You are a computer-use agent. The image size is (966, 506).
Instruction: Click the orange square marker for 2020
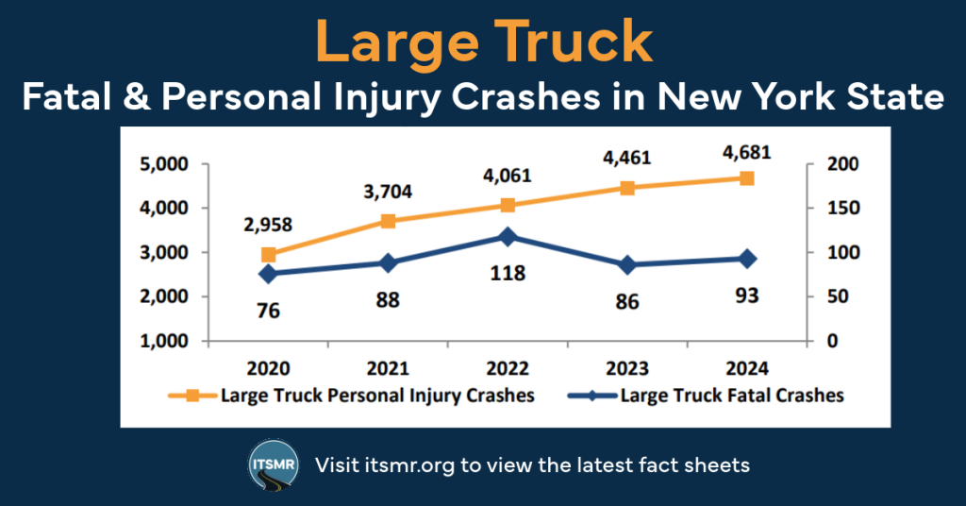point(269,254)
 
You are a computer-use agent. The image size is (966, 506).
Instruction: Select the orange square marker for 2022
point(508,205)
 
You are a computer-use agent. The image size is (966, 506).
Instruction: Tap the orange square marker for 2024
point(746,177)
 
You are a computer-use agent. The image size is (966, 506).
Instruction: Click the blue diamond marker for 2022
point(508,237)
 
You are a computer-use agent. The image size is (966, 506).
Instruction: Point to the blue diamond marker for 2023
point(627,265)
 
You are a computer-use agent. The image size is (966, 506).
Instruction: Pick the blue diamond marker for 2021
point(388,263)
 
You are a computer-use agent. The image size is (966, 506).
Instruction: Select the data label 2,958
point(268,225)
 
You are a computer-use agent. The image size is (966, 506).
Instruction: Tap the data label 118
point(508,274)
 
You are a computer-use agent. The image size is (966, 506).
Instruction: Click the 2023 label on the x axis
point(627,368)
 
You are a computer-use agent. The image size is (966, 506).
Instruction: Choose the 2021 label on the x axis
point(388,368)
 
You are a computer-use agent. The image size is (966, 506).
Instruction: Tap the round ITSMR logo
point(275,464)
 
